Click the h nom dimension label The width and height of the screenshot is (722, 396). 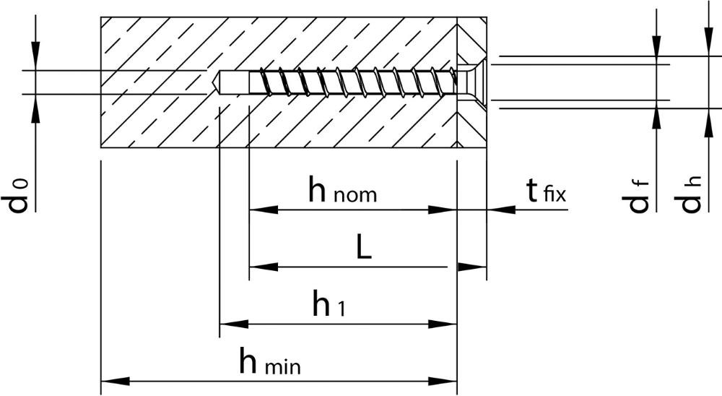(342, 190)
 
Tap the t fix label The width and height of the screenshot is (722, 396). (546, 190)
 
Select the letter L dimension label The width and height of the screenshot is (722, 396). (364, 246)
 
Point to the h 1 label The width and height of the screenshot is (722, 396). (329, 304)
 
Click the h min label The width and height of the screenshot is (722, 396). (270, 361)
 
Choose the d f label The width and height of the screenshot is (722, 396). (636, 197)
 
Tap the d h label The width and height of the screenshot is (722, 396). (687, 194)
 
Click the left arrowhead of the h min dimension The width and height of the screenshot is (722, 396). (115, 382)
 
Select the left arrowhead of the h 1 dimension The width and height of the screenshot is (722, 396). (235, 324)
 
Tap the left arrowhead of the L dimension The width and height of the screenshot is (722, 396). (264, 267)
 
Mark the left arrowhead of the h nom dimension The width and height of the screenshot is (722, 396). (264, 210)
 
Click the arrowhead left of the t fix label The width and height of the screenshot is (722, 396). (502, 210)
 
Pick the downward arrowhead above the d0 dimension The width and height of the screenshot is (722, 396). (35, 56)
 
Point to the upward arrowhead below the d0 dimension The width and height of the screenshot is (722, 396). (35, 109)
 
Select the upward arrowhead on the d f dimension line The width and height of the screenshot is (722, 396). (657, 115)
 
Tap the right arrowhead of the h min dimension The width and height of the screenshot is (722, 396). (443, 382)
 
